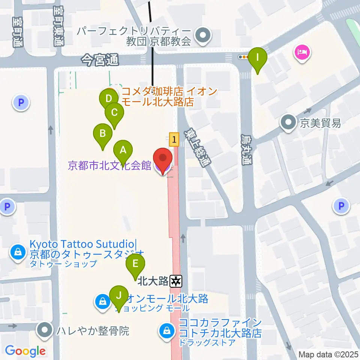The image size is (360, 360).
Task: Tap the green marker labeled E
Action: (x=135, y=264)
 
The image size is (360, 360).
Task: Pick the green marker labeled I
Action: (x=257, y=58)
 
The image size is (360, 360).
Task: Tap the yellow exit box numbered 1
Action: (x=174, y=140)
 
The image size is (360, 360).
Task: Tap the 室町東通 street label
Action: (x=58, y=25)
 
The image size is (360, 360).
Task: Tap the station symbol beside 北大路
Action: (x=176, y=280)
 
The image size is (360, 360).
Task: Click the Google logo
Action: (x=25, y=351)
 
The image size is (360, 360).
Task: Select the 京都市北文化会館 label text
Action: (x=109, y=165)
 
